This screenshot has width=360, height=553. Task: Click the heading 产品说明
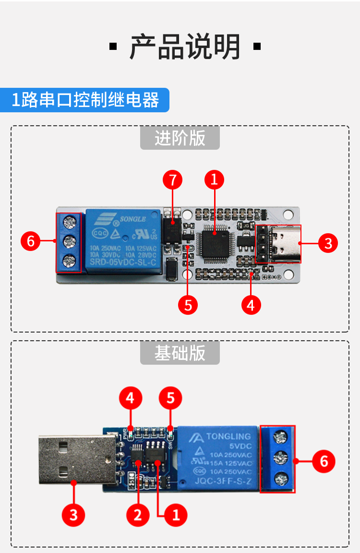tap(185, 47)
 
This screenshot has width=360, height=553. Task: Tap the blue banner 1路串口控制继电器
tap(85, 100)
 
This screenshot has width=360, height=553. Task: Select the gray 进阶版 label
tap(180, 138)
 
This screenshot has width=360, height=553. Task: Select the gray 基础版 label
tap(180, 353)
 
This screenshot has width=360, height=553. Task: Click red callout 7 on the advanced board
tap(173, 180)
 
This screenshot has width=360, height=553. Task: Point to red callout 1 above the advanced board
tap(215, 180)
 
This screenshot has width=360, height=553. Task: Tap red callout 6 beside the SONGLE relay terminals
tap(31, 241)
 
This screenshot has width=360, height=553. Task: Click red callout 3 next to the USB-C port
tap(328, 243)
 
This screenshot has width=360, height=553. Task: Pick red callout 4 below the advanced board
tap(251, 304)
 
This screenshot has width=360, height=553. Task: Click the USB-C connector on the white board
tap(286, 244)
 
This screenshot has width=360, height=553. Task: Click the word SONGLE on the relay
tap(133, 220)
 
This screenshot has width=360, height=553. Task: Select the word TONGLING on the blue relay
tap(228, 436)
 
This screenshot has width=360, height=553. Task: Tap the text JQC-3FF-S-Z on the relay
tap(229, 481)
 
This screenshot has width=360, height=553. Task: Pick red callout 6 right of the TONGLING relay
tap(324, 461)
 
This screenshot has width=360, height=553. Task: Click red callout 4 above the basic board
tap(130, 398)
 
